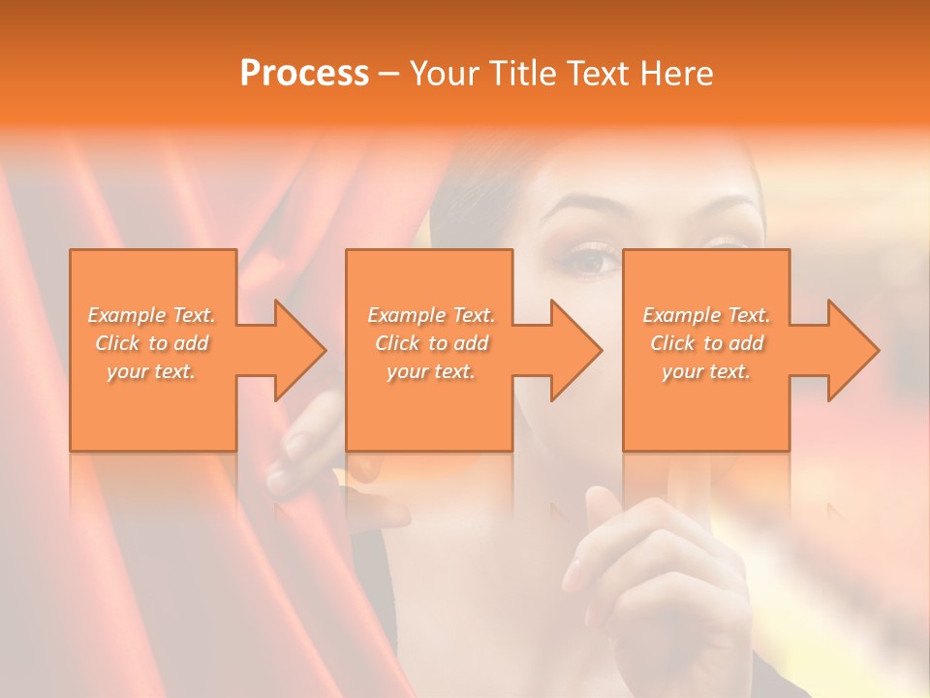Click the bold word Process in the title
click(x=304, y=74)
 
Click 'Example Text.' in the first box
click(x=151, y=315)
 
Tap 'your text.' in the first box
click(x=151, y=371)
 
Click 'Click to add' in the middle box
click(x=431, y=343)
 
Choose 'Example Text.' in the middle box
click(x=431, y=315)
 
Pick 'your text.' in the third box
click(x=706, y=371)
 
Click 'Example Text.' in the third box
click(x=706, y=315)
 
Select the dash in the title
click(x=389, y=75)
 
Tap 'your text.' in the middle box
click(x=431, y=371)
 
